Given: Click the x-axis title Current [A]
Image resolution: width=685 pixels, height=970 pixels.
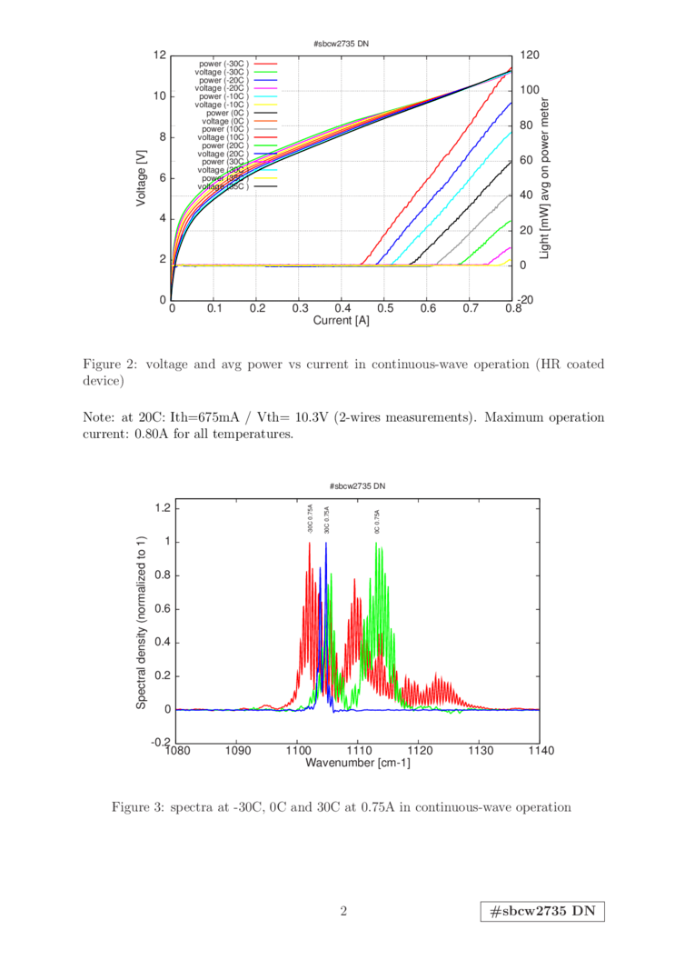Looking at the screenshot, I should (342, 320).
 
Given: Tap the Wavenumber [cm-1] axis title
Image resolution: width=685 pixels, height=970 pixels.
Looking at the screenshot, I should (358, 763).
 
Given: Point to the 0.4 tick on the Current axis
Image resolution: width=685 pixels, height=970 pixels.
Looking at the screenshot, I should (342, 309).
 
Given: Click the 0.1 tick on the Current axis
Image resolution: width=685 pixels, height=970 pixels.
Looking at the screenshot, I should (214, 309).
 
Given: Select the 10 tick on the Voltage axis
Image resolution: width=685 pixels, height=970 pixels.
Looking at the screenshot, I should (160, 95).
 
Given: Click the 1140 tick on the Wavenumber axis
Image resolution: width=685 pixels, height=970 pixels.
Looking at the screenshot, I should (541, 750).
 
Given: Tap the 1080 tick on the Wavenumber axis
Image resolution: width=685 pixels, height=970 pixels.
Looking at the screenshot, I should (178, 750).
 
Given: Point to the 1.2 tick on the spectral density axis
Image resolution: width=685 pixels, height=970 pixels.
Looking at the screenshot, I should (163, 506).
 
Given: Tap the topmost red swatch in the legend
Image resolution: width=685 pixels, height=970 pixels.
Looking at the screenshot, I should (265, 65).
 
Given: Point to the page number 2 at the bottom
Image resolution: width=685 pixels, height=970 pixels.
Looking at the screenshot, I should (343, 910).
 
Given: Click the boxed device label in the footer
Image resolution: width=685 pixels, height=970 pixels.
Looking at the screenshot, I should (542, 912).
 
